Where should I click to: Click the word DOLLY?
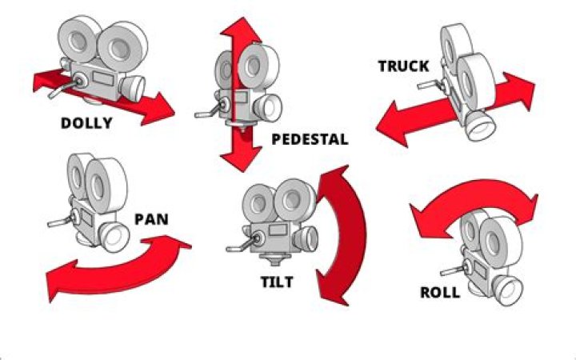86,123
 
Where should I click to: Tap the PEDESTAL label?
310,139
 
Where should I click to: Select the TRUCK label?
403,66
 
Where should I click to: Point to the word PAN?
151,218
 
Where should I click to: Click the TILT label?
277,282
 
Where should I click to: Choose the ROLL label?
440,292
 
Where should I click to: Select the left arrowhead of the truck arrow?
392,128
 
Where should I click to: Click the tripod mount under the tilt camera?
277,258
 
